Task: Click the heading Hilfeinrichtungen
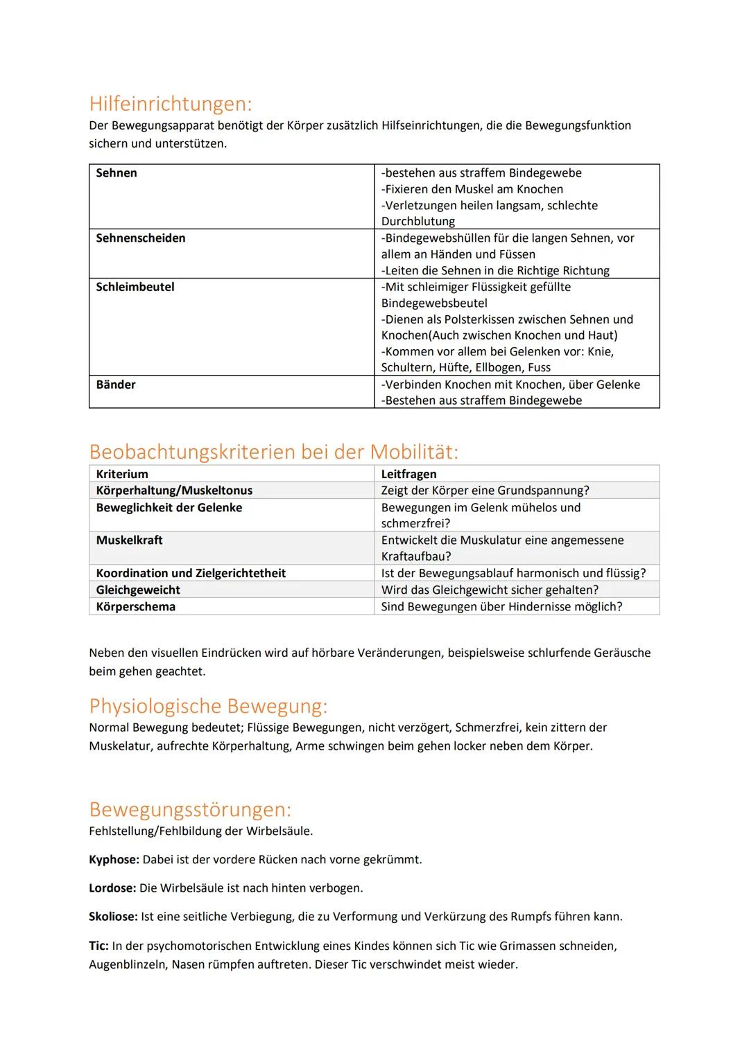click(x=170, y=104)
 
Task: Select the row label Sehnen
click(x=117, y=173)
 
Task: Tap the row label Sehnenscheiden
click(x=141, y=238)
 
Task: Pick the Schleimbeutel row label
click(x=135, y=287)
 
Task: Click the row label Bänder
click(x=116, y=385)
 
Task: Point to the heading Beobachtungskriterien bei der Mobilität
click(x=273, y=452)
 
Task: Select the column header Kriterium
click(x=122, y=474)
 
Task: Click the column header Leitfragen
click(x=408, y=474)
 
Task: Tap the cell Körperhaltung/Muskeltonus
click(x=174, y=491)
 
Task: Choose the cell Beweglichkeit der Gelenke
click(x=169, y=508)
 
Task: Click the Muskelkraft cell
click(x=130, y=540)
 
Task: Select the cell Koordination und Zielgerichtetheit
click(x=191, y=573)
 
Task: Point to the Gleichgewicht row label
click(x=138, y=590)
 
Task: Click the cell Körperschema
click(x=136, y=606)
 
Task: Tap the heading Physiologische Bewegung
click(x=208, y=706)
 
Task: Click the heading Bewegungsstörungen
click(x=190, y=809)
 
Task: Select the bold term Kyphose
click(x=114, y=860)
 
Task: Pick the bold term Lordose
click(x=113, y=888)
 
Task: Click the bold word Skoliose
click(x=114, y=917)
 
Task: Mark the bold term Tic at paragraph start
click(x=98, y=946)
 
